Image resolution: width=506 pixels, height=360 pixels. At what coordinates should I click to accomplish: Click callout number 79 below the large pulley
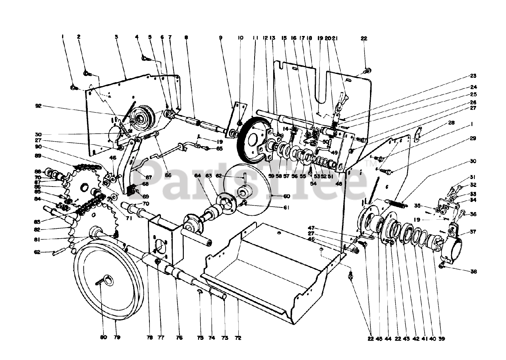[x=117, y=337]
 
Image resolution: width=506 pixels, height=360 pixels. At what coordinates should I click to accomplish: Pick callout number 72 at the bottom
[x=238, y=338]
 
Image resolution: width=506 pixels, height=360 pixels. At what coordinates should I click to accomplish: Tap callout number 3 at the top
[x=117, y=37]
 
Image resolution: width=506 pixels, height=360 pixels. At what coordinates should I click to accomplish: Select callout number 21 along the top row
[x=334, y=38]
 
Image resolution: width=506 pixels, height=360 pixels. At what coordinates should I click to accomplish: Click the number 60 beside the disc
[x=286, y=196]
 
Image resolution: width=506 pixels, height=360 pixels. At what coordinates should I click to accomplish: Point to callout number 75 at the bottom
[x=200, y=338]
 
